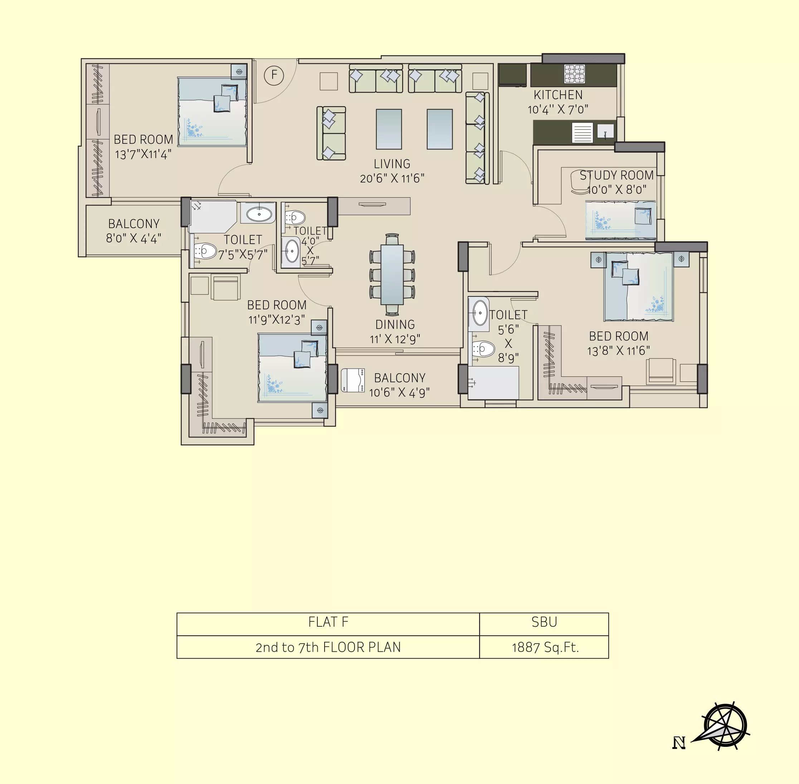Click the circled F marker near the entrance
point(274,76)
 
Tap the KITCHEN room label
point(558,95)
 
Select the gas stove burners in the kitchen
point(574,73)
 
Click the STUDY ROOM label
point(617,176)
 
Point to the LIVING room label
point(392,164)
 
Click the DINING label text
point(395,325)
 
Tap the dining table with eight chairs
point(392,274)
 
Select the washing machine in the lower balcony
point(353,380)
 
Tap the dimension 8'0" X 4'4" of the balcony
point(133,238)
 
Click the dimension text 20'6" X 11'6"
point(392,178)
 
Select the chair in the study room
point(580,182)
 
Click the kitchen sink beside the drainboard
point(605,131)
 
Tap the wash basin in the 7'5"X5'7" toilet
point(259,214)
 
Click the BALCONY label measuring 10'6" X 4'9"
point(400,378)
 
